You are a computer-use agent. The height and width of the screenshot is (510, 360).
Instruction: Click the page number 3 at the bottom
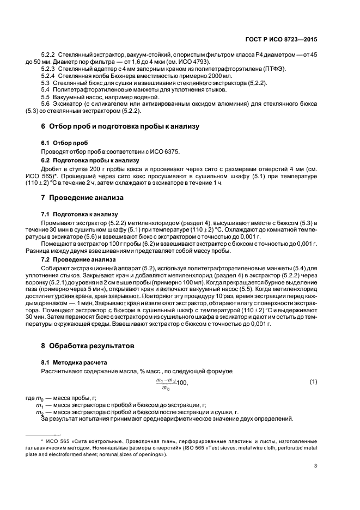point(315,465)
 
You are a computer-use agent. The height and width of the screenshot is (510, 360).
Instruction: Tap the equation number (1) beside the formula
point(313,382)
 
